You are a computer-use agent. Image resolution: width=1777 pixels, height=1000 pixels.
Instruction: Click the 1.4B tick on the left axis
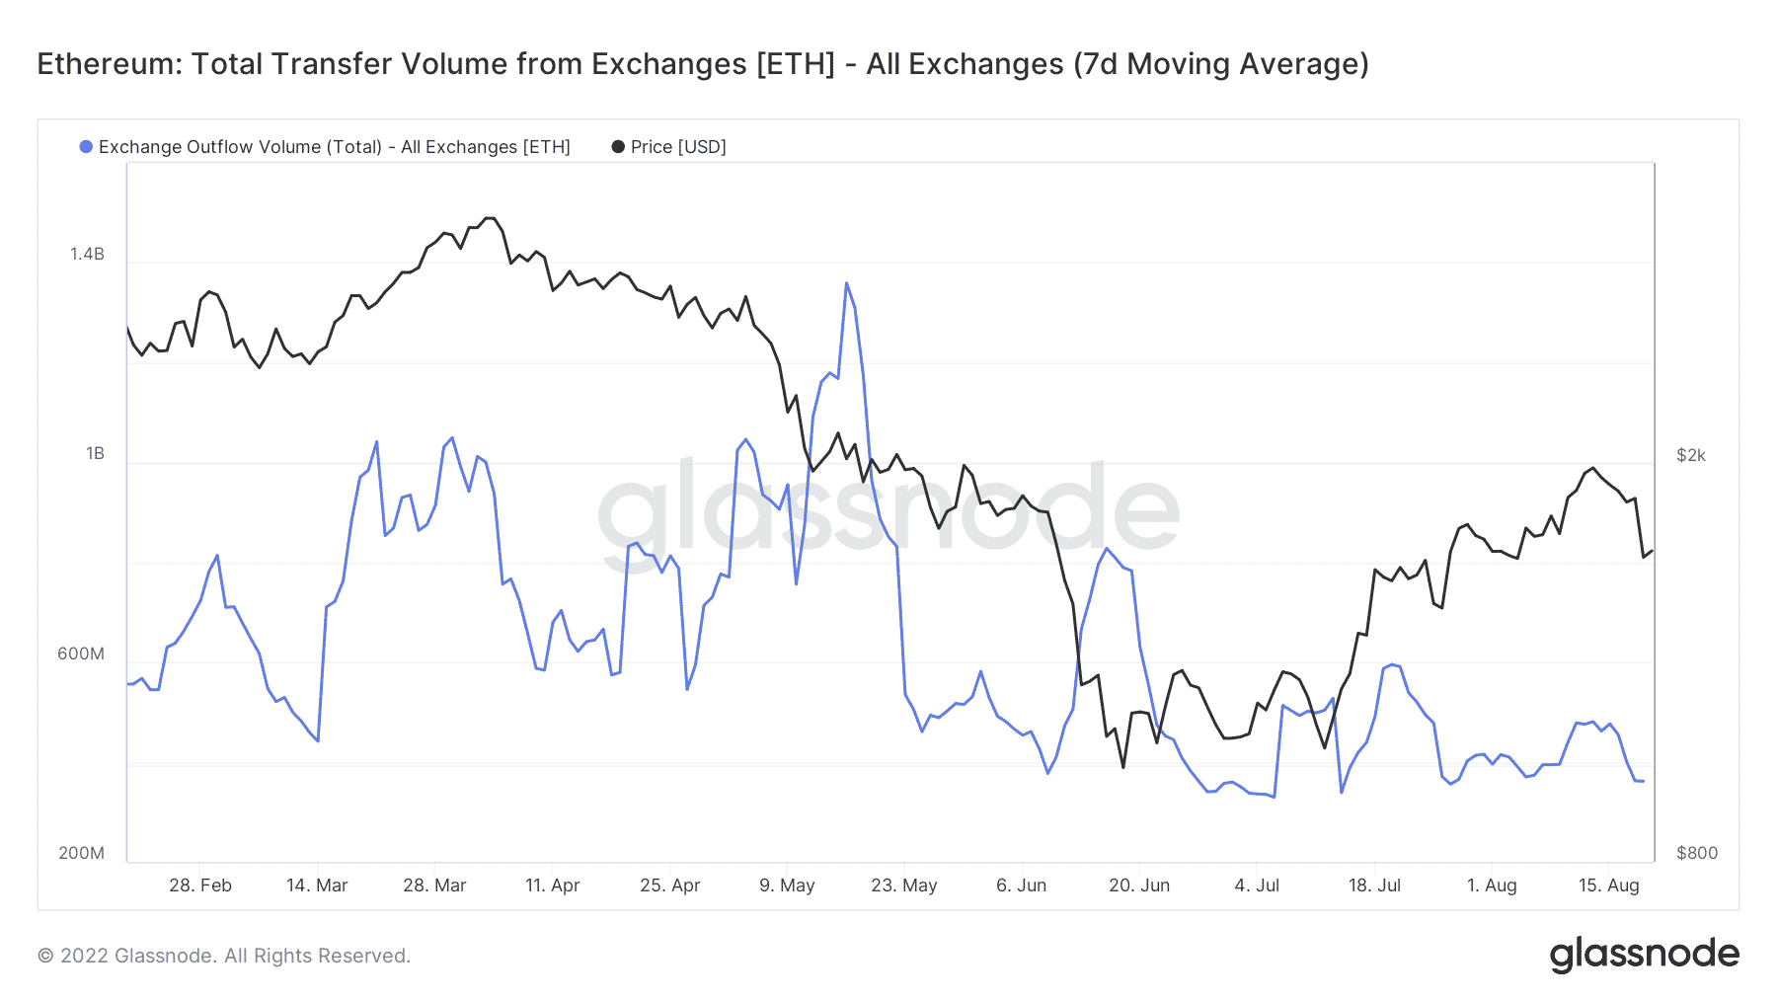(x=87, y=255)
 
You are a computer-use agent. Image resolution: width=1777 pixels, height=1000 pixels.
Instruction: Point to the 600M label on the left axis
(x=81, y=654)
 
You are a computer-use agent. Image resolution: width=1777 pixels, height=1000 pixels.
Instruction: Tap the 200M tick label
(x=81, y=853)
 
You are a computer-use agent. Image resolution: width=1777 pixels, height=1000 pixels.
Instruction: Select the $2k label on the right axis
(x=1691, y=455)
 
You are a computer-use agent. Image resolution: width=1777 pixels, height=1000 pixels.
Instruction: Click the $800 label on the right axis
(x=1696, y=853)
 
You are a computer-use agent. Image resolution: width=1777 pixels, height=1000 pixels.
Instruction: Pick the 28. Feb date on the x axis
(x=200, y=885)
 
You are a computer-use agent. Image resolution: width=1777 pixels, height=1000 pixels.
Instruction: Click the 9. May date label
(x=787, y=885)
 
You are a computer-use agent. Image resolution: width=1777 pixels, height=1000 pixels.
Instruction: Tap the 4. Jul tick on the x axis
(x=1257, y=885)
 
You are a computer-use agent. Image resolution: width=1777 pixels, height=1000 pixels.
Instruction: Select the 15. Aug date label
(x=1608, y=885)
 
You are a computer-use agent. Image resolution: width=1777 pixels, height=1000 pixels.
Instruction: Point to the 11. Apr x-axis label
(x=552, y=885)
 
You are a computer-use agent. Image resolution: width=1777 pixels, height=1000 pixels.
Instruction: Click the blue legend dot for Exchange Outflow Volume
(x=86, y=147)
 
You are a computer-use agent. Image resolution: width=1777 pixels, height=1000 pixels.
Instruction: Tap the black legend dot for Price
(x=618, y=147)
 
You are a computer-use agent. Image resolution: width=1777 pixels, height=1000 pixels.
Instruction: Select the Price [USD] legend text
(x=678, y=147)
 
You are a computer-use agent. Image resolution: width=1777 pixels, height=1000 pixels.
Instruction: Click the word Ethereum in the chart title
(x=109, y=64)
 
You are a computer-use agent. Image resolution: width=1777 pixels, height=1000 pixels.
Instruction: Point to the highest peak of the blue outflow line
(x=846, y=284)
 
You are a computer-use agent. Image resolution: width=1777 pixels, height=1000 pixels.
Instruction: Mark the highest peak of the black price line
(x=489, y=218)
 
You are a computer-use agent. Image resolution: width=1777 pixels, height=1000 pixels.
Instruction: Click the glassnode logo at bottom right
(x=1644, y=955)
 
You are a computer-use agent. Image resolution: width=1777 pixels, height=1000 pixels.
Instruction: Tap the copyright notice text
(x=224, y=956)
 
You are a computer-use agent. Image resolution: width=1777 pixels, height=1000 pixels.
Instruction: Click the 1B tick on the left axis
(x=95, y=454)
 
